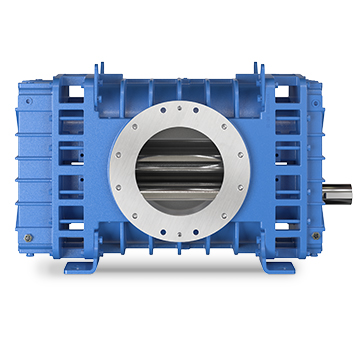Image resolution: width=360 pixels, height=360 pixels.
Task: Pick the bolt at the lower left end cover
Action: point(29,237)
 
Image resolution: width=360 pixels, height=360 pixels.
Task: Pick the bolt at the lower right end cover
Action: point(317,236)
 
